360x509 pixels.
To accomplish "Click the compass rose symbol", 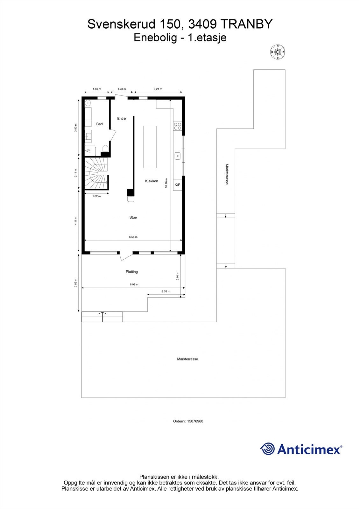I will click(278, 52).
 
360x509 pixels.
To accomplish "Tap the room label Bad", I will click(100, 124).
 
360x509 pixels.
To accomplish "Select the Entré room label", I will click(122, 118).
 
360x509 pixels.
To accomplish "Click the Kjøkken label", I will click(152, 181).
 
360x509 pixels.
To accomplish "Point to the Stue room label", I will click(133, 217).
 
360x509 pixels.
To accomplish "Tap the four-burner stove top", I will click(178, 126).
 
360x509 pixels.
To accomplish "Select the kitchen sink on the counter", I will click(178, 156).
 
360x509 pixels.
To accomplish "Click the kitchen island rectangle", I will click(150, 147).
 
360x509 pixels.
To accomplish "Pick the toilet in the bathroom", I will click(105, 149).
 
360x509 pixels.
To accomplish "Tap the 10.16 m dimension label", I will click(166, 183).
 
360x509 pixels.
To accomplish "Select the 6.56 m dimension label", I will click(133, 237).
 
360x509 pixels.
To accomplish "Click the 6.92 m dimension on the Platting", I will click(134, 284).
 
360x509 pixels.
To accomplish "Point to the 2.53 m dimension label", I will click(166, 291).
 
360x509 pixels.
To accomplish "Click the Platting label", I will click(132, 272).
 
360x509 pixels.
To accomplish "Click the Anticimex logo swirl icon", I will click(268, 449).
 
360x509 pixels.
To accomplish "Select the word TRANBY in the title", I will click(247, 24).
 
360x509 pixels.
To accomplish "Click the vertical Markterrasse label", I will click(227, 174).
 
